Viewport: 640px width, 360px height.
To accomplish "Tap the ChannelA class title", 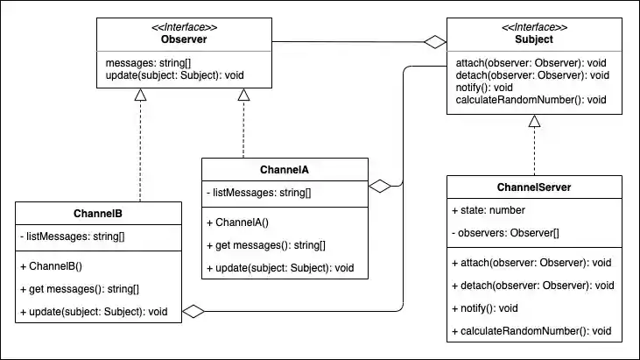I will [x=285, y=170].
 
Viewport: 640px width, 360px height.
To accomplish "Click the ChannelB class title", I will [x=98, y=213].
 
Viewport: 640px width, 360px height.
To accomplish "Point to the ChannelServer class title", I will [x=534, y=187].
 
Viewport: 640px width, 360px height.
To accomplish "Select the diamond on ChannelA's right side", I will [x=379, y=186].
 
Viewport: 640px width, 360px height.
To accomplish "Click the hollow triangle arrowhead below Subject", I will [x=534, y=122].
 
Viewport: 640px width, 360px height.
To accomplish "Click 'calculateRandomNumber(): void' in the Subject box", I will [x=531, y=100].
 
